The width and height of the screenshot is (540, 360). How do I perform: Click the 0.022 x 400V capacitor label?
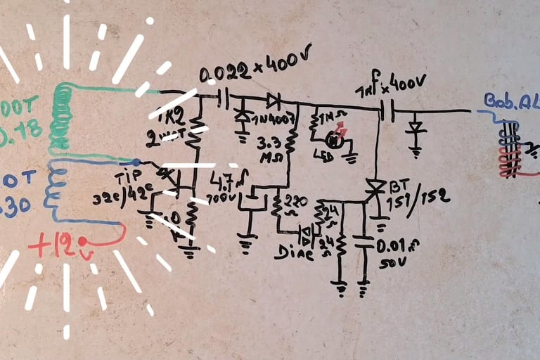[x=255, y=69]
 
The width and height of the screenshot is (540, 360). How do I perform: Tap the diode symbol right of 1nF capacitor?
[x=416, y=128]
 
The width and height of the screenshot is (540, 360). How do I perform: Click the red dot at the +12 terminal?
[x=83, y=242]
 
